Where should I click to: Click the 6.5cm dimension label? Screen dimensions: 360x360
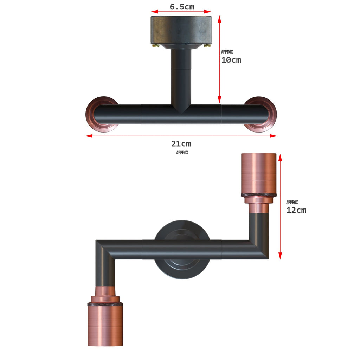[x=182, y=7]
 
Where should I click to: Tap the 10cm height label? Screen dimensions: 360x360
[x=231, y=60]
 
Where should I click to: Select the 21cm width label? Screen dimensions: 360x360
[x=181, y=143]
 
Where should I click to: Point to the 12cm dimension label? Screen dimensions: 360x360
[x=296, y=210]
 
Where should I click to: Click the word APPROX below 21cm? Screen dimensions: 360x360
[x=182, y=153]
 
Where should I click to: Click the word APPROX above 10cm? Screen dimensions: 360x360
[x=227, y=52]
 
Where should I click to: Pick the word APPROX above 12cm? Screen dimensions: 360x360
[x=292, y=202]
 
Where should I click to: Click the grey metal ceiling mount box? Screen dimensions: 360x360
[x=181, y=30]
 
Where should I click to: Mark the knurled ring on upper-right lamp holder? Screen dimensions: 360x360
[x=259, y=194]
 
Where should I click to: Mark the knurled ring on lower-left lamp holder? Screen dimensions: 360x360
[x=105, y=304]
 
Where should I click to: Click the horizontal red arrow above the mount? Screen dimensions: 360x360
[x=181, y=12]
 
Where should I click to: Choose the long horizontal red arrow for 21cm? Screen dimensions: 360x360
[x=181, y=136]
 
